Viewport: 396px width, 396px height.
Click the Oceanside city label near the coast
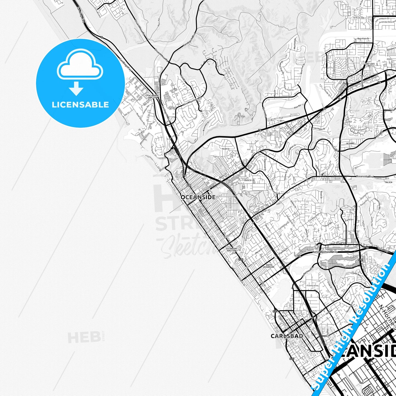point(198,197)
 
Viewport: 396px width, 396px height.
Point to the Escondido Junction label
point(231,250)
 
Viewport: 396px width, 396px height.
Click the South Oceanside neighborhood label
point(269,266)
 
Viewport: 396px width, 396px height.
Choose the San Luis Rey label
point(370,65)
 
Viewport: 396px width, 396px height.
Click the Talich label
point(388,182)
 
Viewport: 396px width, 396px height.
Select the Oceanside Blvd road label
point(365,176)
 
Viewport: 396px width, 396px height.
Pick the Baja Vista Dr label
point(363,39)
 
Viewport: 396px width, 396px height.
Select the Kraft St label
point(226,149)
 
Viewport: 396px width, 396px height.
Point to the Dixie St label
point(248,180)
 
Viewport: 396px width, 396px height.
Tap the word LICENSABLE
point(80,104)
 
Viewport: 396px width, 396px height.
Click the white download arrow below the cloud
point(76,89)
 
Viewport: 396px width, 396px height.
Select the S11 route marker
point(360,260)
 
